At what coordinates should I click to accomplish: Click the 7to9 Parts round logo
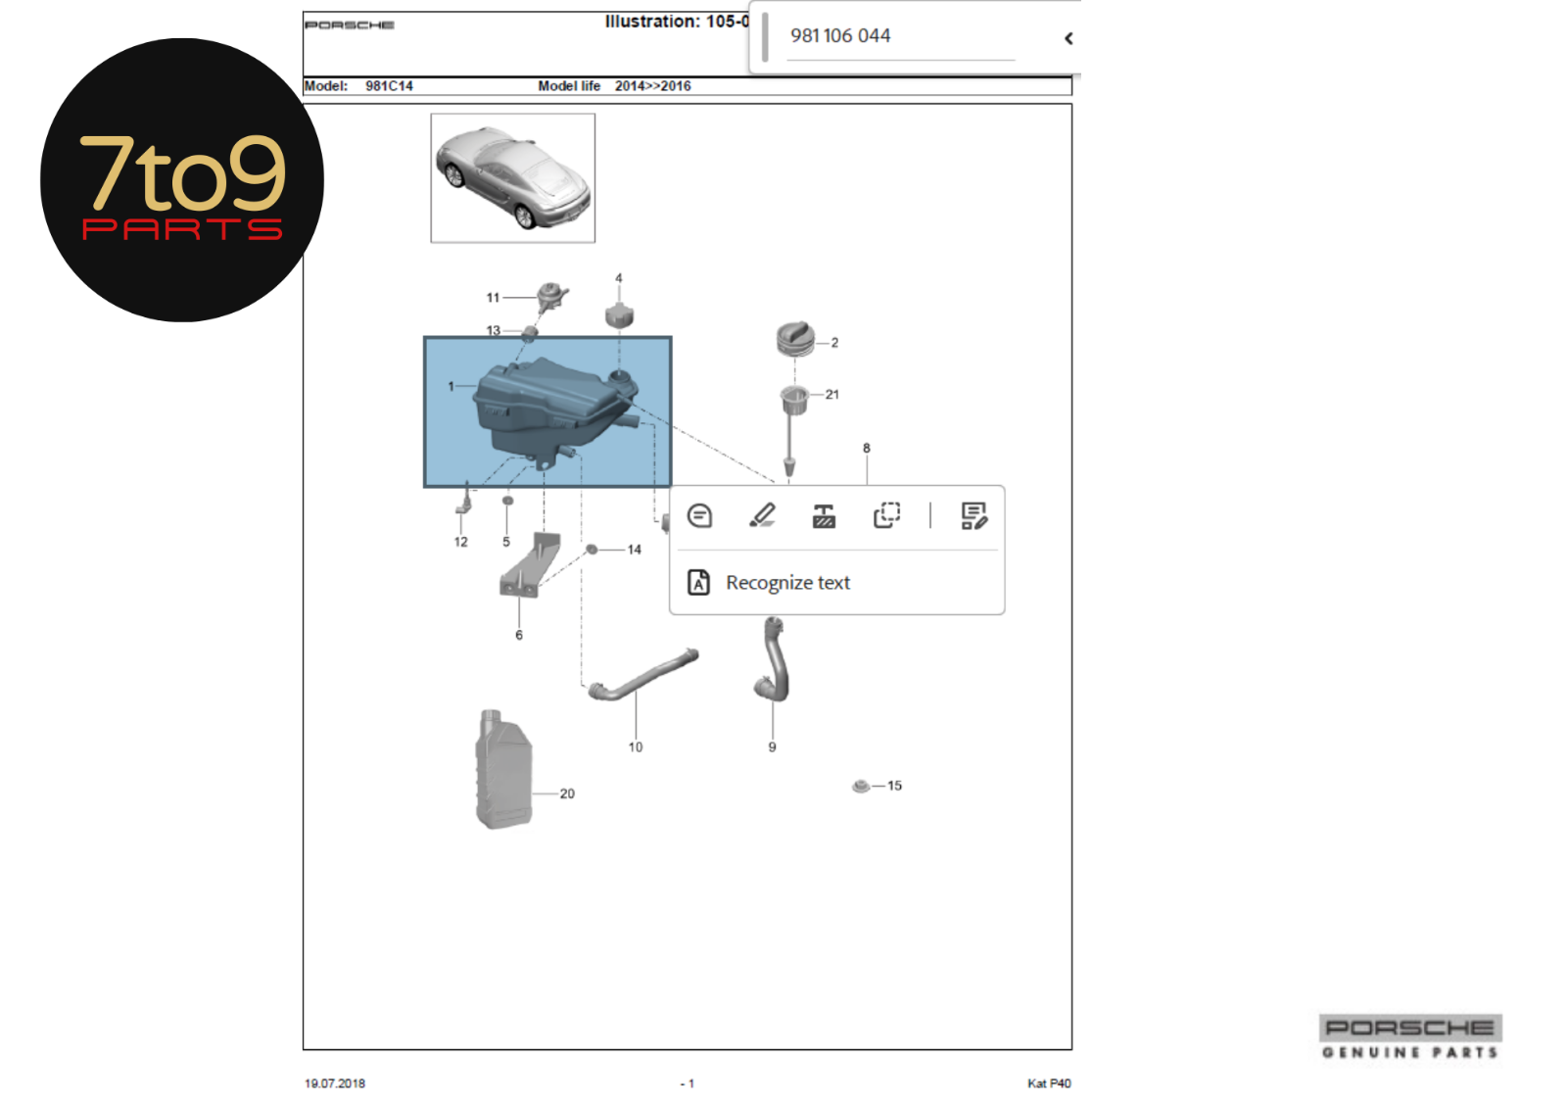click(182, 180)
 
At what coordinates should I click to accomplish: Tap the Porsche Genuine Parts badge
click(1410, 1036)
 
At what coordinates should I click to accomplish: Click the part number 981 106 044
click(840, 35)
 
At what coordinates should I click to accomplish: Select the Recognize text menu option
click(787, 582)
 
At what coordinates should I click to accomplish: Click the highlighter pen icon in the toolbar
click(762, 515)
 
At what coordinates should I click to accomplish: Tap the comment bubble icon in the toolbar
click(699, 516)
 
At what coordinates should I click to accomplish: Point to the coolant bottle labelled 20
click(503, 768)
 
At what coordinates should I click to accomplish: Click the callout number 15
click(894, 786)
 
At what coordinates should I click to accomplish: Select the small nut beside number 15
click(861, 786)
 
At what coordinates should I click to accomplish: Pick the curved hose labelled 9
click(773, 658)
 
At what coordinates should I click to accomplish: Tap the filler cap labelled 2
click(796, 339)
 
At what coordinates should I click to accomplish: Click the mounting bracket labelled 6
click(530, 565)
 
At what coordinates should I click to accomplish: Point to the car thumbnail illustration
click(513, 177)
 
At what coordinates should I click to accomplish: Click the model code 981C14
click(389, 86)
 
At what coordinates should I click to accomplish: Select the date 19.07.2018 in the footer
click(334, 1084)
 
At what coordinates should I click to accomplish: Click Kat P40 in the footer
click(1049, 1084)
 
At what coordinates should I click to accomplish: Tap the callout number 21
click(831, 394)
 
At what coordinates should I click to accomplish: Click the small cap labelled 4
click(619, 315)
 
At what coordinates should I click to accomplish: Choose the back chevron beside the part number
click(1068, 38)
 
